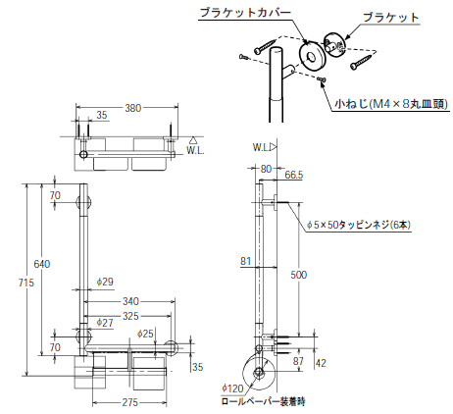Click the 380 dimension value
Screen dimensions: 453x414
click(133, 108)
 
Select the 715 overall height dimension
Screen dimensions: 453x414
click(26, 283)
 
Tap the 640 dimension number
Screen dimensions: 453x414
click(42, 264)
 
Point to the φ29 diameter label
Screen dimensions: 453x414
click(105, 282)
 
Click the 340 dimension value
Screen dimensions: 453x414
click(130, 301)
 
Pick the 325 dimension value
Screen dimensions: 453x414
click(130, 316)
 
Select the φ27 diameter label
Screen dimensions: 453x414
click(105, 323)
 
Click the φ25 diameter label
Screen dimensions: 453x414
click(145, 334)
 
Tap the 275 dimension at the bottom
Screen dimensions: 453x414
click(130, 402)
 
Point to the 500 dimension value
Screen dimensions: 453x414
click(299, 275)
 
